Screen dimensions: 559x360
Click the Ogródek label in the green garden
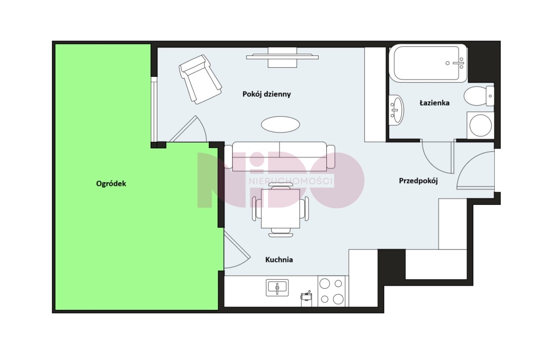tap(111, 184)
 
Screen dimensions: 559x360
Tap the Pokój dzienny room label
tap(266, 94)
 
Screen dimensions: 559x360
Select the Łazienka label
tap(435, 103)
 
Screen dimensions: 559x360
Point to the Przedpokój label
tap(418, 181)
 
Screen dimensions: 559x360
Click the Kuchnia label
tap(279, 260)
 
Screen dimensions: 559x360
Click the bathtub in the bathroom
tap(428, 63)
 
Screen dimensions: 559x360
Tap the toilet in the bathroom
tap(479, 96)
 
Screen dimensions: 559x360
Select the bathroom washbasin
tap(396, 110)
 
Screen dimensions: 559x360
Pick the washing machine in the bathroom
tap(480, 125)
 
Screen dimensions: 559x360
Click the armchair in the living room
tap(200, 80)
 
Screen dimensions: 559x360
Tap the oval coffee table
tap(280, 125)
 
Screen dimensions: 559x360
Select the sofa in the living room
tap(279, 156)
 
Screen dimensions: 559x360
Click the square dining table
tap(280, 209)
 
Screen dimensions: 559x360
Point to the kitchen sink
tap(277, 287)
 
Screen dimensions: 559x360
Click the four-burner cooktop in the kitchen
tap(331, 291)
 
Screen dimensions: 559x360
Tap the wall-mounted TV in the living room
tap(282, 57)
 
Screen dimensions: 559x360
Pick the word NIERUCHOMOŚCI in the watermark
tap(291, 181)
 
